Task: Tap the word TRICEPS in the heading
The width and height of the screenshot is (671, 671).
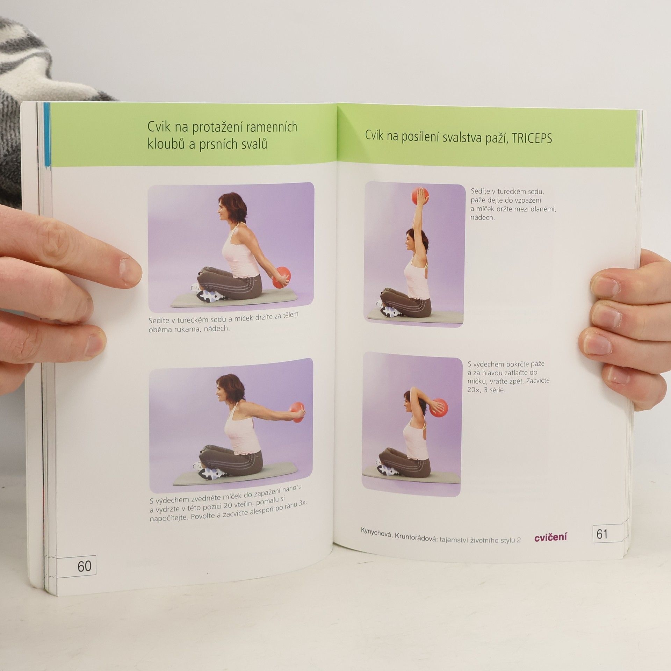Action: pos(532,138)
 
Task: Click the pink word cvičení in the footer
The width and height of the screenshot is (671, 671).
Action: pos(550,537)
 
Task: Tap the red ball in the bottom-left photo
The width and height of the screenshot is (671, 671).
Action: pos(297,412)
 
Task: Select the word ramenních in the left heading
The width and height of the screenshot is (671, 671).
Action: pos(272,127)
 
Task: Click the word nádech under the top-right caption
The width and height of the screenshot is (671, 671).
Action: pos(482,217)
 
